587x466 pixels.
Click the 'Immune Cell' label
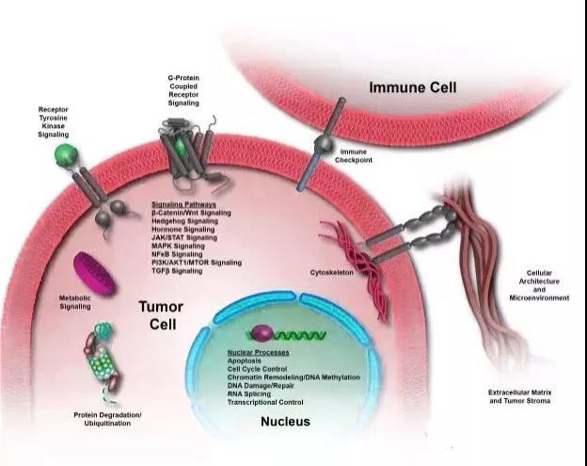pyautogui.click(x=413, y=88)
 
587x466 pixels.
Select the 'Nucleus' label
pyautogui.click(x=286, y=422)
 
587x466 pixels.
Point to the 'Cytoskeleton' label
pyautogui.click(x=329, y=273)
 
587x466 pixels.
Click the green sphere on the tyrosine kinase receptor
pyautogui.click(x=64, y=154)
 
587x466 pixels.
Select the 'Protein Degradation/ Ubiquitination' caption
pyautogui.click(x=106, y=418)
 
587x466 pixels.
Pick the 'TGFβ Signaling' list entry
pyautogui.click(x=177, y=271)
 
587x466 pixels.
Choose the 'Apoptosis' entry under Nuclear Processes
pyautogui.click(x=246, y=361)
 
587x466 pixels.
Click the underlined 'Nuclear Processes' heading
pyautogui.click(x=258, y=352)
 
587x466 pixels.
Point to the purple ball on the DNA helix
pyautogui.click(x=258, y=333)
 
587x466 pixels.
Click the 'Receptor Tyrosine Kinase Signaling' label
pyautogui.click(x=54, y=121)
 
